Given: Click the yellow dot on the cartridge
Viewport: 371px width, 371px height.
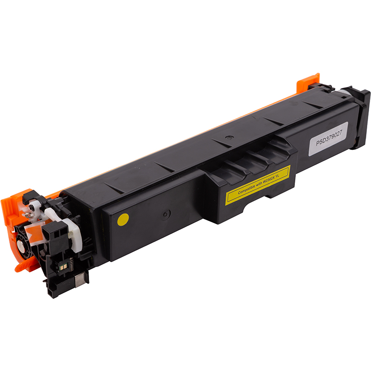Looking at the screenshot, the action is click(123, 219).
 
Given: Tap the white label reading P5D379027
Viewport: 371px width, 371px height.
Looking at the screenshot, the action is click(328, 139).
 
